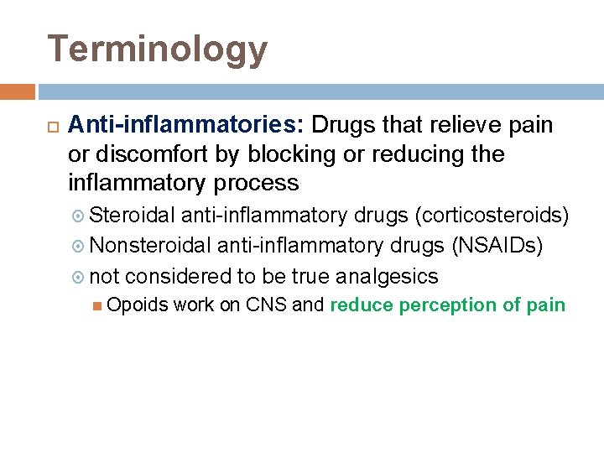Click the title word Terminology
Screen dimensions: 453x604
click(158, 49)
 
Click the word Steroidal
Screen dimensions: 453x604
click(132, 216)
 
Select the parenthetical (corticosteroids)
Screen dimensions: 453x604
click(493, 216)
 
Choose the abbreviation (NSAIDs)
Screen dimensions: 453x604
click(497, 247)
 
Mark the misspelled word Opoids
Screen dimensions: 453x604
click(138, 305)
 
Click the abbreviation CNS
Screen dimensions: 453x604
click(267, 305)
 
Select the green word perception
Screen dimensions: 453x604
click(447, 305)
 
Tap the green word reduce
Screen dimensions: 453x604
click(362, 305)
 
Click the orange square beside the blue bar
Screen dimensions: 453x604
click(17, 91)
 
